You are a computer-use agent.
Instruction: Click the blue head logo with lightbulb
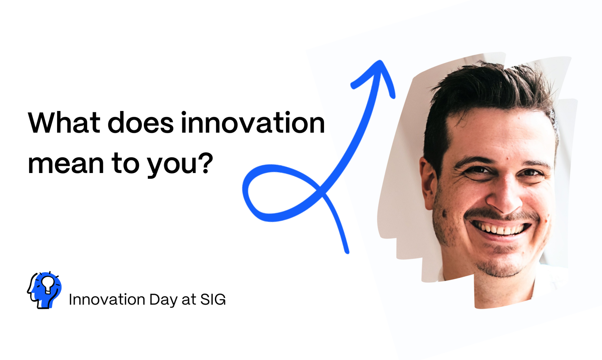44,290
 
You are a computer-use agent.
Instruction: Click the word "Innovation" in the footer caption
107,299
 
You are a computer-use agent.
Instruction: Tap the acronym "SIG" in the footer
213,299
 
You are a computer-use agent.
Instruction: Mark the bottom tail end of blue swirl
347,252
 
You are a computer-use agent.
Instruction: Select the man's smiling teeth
500,229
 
